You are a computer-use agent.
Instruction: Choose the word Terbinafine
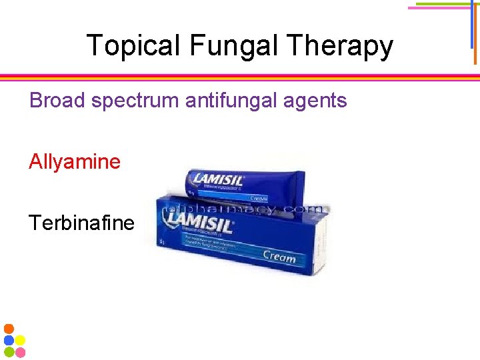coord(81,222)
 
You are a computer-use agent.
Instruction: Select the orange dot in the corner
coord(9,329)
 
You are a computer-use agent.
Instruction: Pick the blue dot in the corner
coord(9,340)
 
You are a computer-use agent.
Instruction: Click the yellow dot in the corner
coord(20,340)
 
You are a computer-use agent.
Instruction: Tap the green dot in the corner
coord(9,351)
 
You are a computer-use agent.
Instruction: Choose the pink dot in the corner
coord(20,351)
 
